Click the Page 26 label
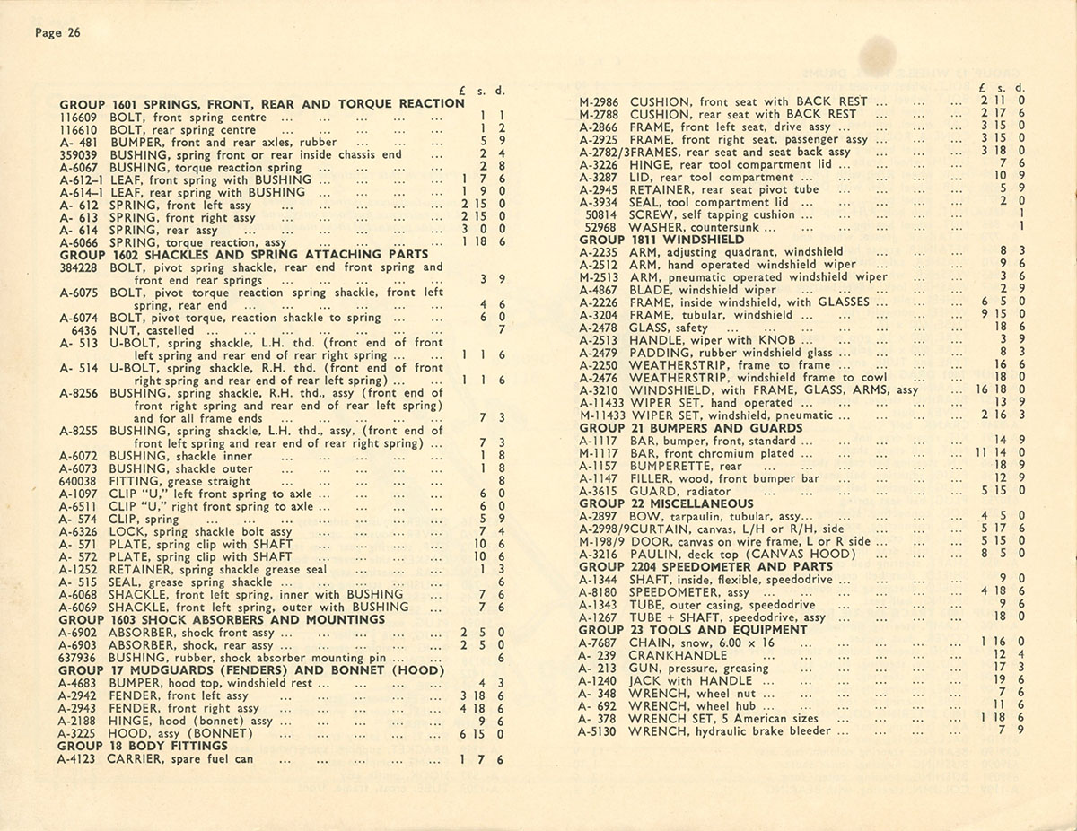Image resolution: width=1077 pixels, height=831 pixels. coord(57,33)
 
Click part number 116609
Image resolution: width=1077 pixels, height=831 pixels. coord(78,117)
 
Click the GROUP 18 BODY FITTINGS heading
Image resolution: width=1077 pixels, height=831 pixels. coord(144,746)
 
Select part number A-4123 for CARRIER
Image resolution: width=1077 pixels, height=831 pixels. coord(79,759)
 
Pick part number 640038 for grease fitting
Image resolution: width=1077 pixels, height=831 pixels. coord(78,481)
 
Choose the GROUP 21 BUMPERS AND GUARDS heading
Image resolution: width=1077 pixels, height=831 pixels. coord(678,429)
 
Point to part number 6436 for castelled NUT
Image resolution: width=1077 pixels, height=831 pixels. coord(83,330)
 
